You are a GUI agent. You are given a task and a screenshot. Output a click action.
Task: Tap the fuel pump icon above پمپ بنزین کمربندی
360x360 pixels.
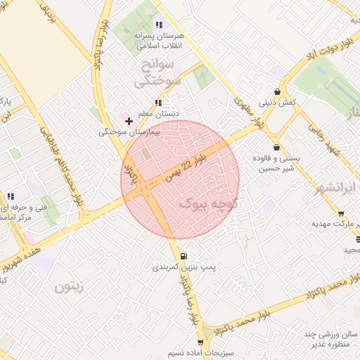pos(184,256)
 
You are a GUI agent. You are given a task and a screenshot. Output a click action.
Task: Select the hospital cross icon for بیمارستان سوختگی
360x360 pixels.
pos(129,121)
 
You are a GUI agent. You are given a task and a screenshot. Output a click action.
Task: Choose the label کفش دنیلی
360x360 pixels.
pos(280,103)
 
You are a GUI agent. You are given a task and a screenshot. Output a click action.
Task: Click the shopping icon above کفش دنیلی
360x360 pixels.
pos(278,91)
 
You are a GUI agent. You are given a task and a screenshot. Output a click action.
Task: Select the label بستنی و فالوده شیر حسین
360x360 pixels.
pos(279,163)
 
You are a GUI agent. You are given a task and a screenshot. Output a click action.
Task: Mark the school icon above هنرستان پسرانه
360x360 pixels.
pos(159,25)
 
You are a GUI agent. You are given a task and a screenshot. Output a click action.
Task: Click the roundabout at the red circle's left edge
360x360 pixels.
pos(144,188)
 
